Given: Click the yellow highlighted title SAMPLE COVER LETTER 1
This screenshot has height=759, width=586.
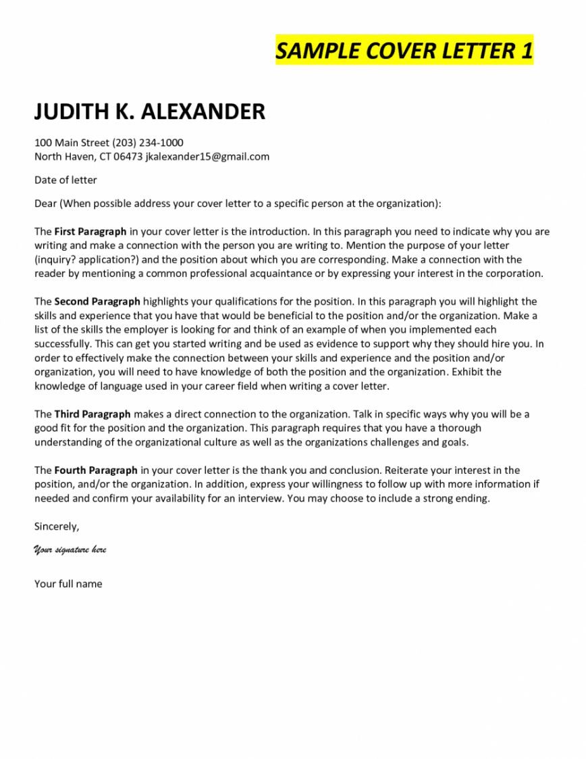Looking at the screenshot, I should click(x=404, y=51).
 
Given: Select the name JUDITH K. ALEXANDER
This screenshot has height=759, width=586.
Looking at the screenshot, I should click(x=150, y=112).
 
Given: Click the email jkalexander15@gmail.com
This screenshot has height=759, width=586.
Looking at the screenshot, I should click(x=207, y=157).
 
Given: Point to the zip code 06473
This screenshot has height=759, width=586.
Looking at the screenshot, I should click(x=128, y=157).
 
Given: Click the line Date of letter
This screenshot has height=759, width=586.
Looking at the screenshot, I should click(x=65, y=180).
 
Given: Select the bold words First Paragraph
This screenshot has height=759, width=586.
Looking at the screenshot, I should click(x=90, y=231).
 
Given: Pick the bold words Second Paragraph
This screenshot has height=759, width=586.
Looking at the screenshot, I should click(x=97, y=301).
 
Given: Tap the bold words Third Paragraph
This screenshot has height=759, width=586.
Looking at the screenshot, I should click(x=92, y=414).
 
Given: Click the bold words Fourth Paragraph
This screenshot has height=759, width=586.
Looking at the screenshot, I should click(x=96, y=470).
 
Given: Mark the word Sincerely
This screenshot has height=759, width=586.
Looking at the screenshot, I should click(x=57, y=526).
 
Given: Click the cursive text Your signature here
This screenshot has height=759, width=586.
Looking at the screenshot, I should click(x=70, y=549).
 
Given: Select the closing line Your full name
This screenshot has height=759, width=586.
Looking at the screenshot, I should click(x=68, y=584).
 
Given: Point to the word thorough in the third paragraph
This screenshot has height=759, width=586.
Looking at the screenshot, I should click(x=458, y=428).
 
